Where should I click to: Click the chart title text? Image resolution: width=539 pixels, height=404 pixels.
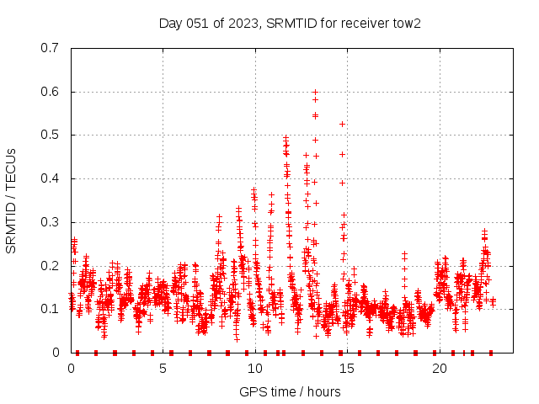tap(290, 23)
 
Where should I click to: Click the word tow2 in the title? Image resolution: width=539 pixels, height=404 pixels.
tap(407, 23)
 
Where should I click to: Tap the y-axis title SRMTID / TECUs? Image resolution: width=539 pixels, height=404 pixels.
tap(11, 201)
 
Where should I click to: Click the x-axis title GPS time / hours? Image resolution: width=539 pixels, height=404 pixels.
tap(290, 391)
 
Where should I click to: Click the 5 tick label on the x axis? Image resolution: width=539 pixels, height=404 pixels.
tap(163, 369)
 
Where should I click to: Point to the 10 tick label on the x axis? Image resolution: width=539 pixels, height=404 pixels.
tap(255, 369)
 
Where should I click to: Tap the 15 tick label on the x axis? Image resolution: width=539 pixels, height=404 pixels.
tap(348, 369)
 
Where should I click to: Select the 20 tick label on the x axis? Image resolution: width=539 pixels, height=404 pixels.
tap(440, 369)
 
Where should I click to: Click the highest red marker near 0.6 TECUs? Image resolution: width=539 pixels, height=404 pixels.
tap(315, 92)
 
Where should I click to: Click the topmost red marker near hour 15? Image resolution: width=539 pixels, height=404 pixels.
tap(342, 125)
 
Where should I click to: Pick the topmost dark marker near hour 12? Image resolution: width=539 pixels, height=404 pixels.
tap(286, 137)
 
